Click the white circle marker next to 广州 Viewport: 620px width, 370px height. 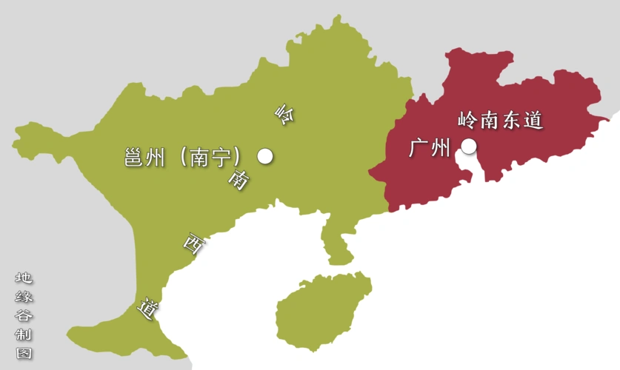468,147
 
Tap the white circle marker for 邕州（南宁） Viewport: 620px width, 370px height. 265,156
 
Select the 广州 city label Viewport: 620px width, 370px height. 430,148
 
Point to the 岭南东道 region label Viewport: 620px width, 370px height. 501,119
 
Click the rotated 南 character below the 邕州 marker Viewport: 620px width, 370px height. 238,180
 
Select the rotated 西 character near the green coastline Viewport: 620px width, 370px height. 193,244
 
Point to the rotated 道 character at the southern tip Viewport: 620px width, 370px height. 148,309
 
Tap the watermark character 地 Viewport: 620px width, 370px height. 24,278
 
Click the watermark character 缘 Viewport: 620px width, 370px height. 24,297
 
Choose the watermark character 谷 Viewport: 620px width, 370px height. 24,315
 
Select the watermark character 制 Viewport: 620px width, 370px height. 24,334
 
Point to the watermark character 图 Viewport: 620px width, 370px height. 24,353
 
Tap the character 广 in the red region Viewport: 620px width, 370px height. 419,148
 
